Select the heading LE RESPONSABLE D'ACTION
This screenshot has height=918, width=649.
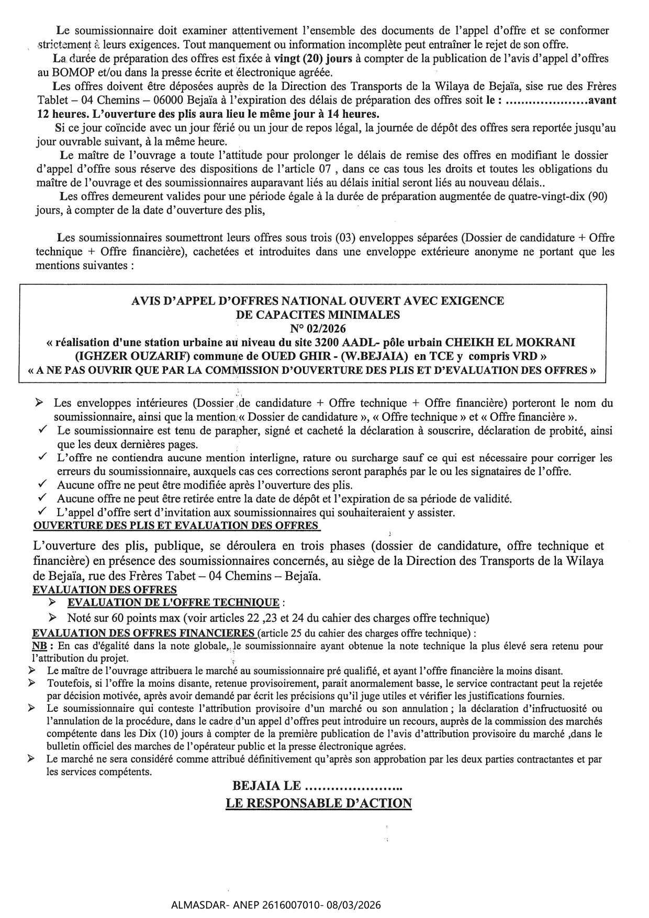pyautogui.click(x=319, y=803)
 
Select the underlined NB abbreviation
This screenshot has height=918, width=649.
pyautogui.click(x=38, y=646)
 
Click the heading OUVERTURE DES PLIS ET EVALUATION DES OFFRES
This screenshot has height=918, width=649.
pyautogui.click(x=175, y=525)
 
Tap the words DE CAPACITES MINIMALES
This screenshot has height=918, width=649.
pyautogui.click(x=318, y=315)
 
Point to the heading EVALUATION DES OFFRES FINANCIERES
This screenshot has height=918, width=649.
pyautogui.click(x=144, y=633)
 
